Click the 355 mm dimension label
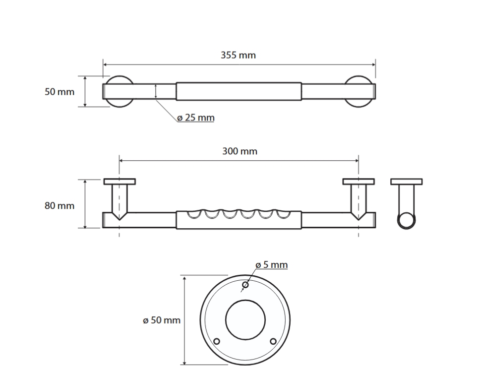pyautogui.click(x=238, y=55)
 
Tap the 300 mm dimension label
pyautogui.click(x=240, y=151)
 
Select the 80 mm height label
pyautogui.click(x=60, y=205)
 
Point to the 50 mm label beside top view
pyautogui.click(x=60, y=92)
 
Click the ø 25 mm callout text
pyautogui.click(x=196, y=118)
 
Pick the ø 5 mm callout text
pyautogui.click(x=271, y=265)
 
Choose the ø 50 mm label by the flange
pyautogui.click(x=162, y=320)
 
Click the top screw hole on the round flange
pyautogui.click(x=245, y=285)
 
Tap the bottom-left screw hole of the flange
pyautogui.click(x=217, y=341)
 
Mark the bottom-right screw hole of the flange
pyautogui.click(x=273, y=341)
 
